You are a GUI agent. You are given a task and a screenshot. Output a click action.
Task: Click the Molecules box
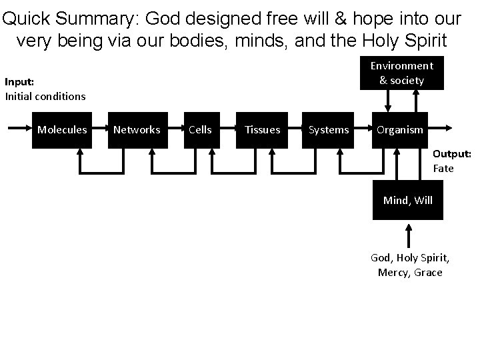tap(62, 129)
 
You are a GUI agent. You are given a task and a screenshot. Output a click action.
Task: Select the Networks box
tap(137, 129)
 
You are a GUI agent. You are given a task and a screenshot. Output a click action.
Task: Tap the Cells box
tap(200, 129)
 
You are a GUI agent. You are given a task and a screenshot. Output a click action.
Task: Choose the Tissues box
tap(262, 129)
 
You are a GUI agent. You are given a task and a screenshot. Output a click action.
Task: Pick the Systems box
tap(329, 129)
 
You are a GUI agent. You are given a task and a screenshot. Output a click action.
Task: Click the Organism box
tap(400, 129)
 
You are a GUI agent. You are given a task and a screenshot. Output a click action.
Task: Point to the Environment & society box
tap(401, 73)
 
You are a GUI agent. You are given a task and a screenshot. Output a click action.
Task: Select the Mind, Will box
tap(408, 199)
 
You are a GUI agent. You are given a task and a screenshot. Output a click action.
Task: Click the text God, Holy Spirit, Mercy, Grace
tap(409, 265)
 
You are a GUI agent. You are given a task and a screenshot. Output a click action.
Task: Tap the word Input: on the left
tap(19, 83)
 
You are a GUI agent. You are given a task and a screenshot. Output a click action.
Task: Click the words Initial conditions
tap(45, 96)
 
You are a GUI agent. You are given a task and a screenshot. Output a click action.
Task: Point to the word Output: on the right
tap(452, 154)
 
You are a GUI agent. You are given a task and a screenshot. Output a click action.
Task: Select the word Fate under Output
tap(443, 169)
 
